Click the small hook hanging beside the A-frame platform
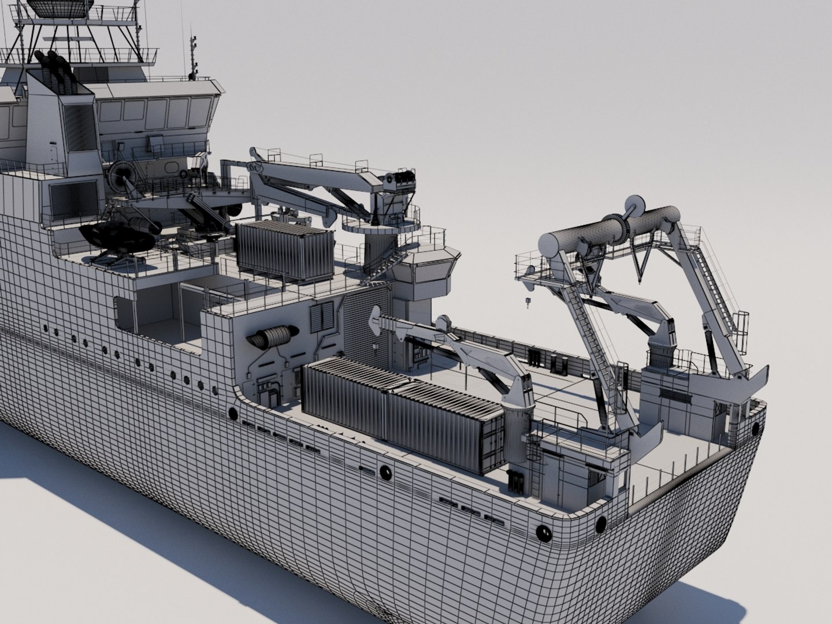[527, 301]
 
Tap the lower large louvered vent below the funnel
[73, 199]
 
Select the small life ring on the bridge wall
[183, 173]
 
